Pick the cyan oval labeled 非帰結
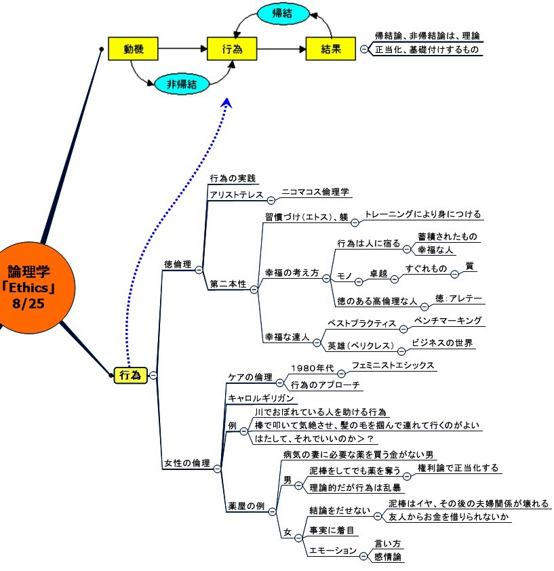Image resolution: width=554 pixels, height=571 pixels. coord(181,84)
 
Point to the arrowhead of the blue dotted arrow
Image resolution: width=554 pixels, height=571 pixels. coord(227,102)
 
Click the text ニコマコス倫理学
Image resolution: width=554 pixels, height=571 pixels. coord(315,192)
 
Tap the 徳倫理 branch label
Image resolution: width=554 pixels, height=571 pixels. coord(178,264)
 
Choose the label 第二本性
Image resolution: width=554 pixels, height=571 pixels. coord(228,284)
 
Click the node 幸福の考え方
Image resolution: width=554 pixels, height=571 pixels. coord(292,273)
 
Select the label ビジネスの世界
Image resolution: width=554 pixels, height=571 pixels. coord(441,342)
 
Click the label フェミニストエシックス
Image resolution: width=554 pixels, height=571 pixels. coord(393,365)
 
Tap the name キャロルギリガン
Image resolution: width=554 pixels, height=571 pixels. coord(260,398)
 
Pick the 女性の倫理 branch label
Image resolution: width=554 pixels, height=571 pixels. coord(187,463)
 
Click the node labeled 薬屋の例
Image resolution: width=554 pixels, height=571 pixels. coord(250,507)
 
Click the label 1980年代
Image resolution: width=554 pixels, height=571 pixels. coord(312,368)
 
